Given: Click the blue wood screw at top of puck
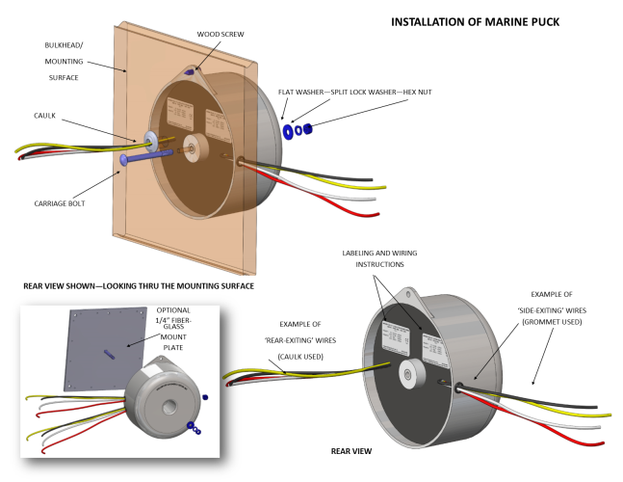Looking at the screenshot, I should pyautogui.click(x=190, y=70).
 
